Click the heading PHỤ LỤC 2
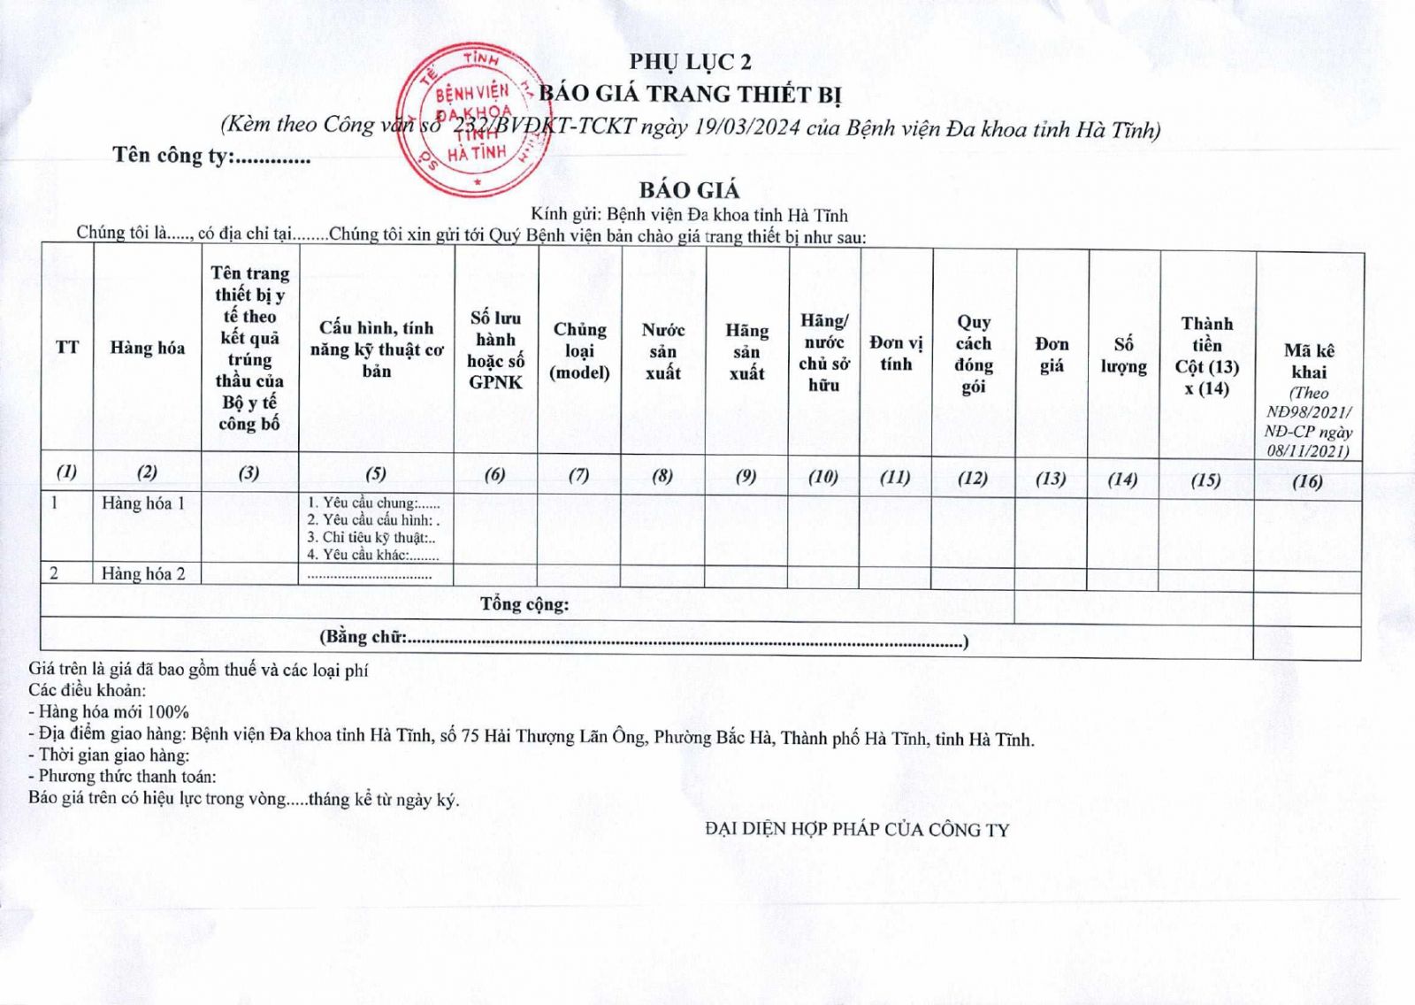coord(690,62)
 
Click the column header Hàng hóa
coord(147,348)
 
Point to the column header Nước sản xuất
coord(662,351)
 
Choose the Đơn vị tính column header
coord(895,353)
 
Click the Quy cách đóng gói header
coord(973,354)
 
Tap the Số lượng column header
coord(1123,355)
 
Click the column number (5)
coord(376,473)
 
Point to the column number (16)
coord(1307,481)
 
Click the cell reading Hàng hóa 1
coord(143,503)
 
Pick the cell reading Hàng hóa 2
coord(143,574)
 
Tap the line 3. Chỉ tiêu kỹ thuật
coord(371,538)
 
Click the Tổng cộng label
coord(524,604)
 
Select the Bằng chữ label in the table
coord(363,637)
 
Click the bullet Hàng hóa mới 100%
coord(109,711)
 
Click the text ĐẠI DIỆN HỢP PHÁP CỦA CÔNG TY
coord(857,830)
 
